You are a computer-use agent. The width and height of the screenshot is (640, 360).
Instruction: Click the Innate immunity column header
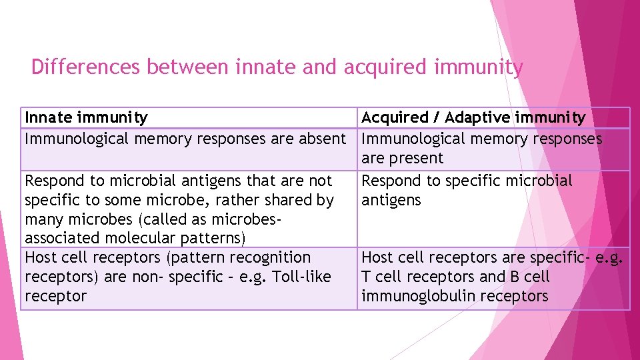coord(86,118)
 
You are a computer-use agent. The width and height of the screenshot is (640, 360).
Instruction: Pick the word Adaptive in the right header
coord(478,118)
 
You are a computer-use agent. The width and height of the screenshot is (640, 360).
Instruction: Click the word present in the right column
coord(420,159)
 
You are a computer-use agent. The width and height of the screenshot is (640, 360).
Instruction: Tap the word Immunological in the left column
coord(77,139)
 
